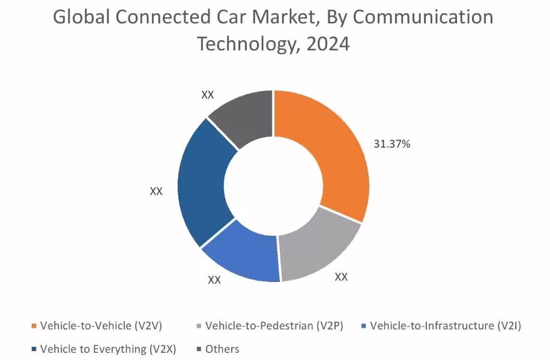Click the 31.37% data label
391,144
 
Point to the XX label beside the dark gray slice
208,95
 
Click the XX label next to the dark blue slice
156,191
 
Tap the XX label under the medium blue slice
214,280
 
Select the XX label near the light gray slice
341,277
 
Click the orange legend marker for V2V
34,326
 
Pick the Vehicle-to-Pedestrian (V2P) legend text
274,326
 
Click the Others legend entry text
222,349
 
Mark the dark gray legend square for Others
199,349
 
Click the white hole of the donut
274,186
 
